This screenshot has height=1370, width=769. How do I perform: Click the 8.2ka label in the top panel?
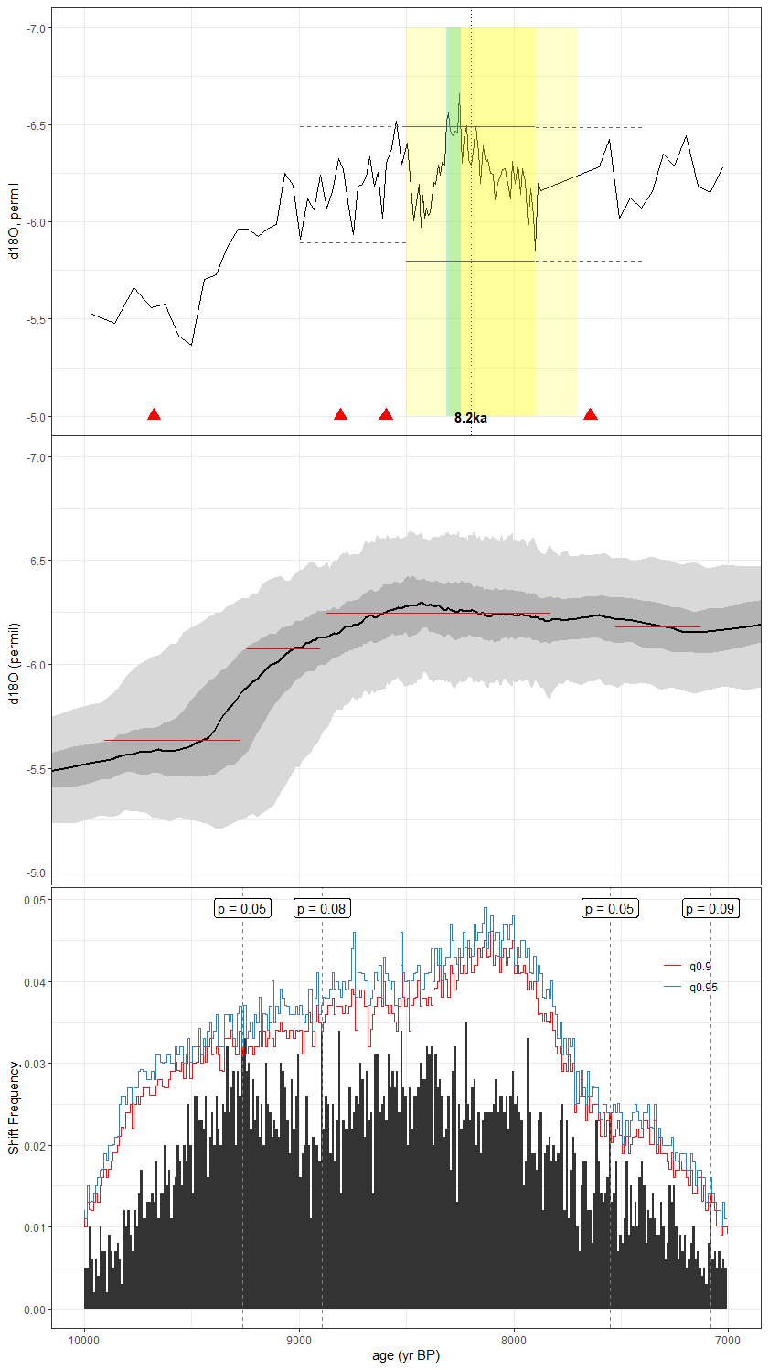[470, 418]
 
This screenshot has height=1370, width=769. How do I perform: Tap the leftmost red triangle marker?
[154, 414]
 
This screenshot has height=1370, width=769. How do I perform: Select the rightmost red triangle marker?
[591, 414]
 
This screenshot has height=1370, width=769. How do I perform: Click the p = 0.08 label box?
[321, 908]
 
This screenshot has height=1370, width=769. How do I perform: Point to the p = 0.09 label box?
[710, 908]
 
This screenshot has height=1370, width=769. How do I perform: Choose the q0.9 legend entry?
[700, 966]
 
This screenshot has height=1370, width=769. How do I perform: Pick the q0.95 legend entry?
[703, 987]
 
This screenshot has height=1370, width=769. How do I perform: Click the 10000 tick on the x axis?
[84, 1341]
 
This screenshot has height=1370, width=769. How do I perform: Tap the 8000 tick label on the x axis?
[514, 1341]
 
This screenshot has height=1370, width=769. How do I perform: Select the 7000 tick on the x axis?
[728, 1341]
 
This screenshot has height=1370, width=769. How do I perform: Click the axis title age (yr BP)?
[406, 1355]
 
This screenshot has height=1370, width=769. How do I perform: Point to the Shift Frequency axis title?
[14, 1107]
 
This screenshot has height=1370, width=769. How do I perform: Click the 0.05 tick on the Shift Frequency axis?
[34, 900]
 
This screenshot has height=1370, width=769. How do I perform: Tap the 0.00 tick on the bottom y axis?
[34, 1310]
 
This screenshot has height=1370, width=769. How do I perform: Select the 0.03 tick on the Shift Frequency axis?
[34, 1064]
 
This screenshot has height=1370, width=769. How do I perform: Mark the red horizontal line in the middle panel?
[439, 613]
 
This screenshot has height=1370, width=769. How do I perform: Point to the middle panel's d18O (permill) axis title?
[14, 664]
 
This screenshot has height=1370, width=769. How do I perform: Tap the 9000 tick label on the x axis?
[299, 1341]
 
